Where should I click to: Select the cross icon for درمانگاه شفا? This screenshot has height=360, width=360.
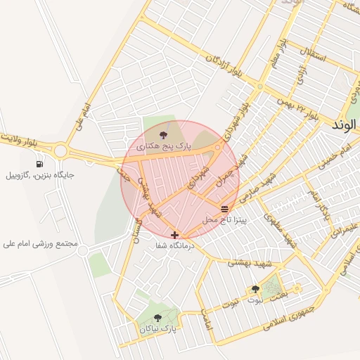click(x=174, y=234)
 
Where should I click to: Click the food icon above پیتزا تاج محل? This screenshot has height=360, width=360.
click(x=224, y=209)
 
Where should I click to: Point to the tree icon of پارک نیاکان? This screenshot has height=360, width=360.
click(x=157, y=317)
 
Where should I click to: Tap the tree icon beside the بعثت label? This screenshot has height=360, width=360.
click(x=255, y=289)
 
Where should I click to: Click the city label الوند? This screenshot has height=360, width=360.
click(x=345, y=125)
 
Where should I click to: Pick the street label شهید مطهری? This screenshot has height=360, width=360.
click(x=280, y=228)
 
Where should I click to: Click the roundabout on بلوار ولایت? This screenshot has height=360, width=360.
click(x=60, y=150)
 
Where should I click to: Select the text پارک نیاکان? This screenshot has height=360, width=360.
click(x=158, y=328)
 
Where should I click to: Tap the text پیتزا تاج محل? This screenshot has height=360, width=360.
click(x=224, y=220)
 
